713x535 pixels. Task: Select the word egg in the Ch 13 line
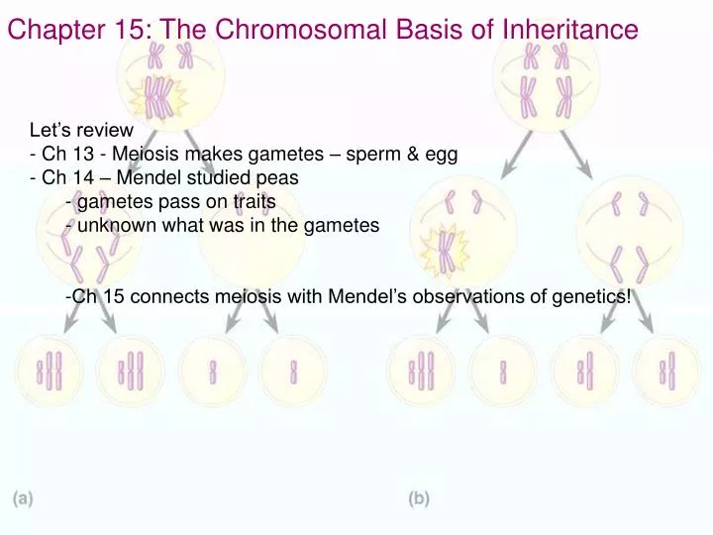443,155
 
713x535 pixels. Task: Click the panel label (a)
22,498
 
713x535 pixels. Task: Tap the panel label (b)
419,498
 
